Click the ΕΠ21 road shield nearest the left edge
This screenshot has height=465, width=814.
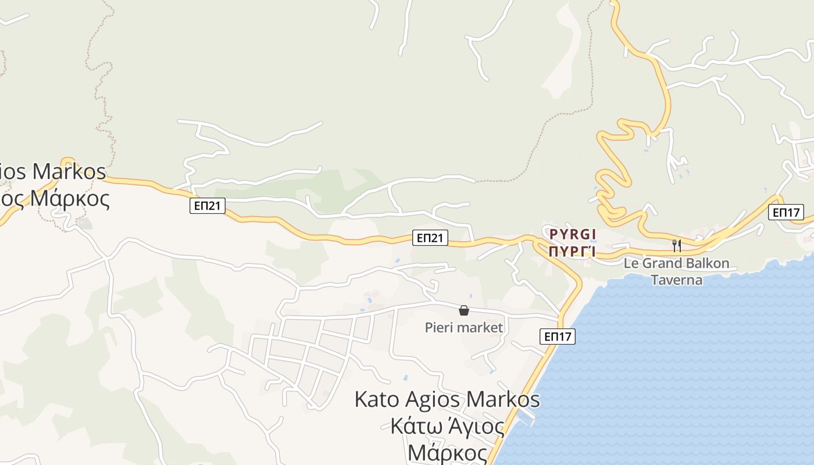click(x=207, y=205)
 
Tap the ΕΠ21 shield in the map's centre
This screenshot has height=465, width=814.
click(x=430, y=237)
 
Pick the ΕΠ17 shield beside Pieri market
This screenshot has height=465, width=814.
click(x=557, y=336)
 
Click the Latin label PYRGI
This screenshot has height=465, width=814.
click(x=573, y=234)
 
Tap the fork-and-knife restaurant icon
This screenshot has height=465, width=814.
click(x=676, y=245)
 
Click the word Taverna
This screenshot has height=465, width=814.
click(x=676, y=280)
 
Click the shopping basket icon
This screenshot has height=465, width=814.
click(x=464, y=310)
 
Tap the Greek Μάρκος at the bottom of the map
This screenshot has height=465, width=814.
click(x=447, y=452)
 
